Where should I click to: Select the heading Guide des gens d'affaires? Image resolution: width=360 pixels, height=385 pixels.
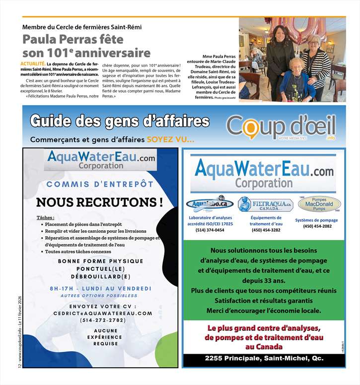tap(127, 121)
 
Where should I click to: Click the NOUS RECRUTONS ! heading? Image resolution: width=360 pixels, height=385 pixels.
tap(100, 202)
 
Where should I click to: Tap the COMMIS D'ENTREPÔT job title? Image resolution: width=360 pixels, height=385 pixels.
tap(100, 184)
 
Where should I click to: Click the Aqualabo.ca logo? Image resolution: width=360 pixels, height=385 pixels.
tap(210, 203)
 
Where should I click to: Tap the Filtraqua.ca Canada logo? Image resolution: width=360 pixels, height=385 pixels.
tap(265, 204)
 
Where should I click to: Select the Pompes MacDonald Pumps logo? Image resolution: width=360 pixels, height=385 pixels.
tap(319, 203)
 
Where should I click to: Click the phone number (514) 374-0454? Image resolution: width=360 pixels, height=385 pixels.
tap(210, 230)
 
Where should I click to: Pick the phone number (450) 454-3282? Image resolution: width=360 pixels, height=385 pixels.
tap(266, 230)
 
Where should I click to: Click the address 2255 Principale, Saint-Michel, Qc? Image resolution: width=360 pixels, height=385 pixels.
tap(264, 358)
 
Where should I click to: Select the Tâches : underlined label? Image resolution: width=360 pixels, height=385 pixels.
tap(46, 218)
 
